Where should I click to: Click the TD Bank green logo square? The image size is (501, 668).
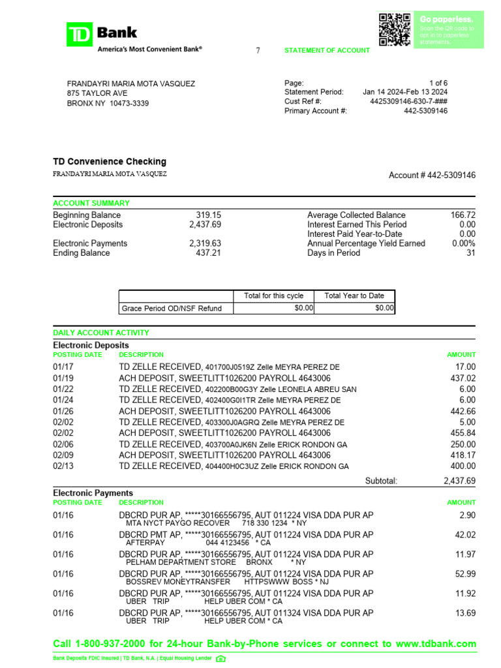pos(80,35)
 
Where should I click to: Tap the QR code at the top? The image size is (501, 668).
pos(394,29)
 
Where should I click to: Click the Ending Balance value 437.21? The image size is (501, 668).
pos(208,252)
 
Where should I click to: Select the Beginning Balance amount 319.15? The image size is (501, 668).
pos(208,215)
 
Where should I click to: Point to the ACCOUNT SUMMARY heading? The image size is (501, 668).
pos(91,204)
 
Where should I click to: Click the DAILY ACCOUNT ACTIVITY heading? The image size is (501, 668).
pos(101,333)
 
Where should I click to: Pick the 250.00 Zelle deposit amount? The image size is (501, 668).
pos(463,444)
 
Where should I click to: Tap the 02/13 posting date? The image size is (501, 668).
pos(63,466)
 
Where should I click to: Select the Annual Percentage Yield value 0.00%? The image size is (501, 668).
pos(463,243)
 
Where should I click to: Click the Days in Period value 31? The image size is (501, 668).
pos(470,252)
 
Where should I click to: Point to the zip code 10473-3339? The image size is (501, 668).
pos(129,103)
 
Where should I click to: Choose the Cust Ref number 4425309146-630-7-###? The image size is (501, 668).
pos(408,102)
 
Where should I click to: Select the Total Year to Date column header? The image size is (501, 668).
pos(354,296)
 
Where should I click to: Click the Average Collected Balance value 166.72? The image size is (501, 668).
pos(463,215)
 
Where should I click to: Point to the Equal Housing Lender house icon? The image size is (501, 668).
pos(220,658)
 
